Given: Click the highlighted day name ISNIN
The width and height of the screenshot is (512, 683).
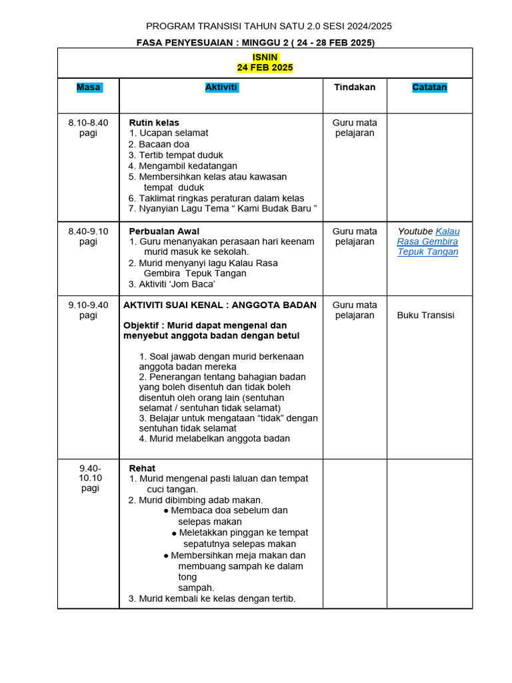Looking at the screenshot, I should (265, 57).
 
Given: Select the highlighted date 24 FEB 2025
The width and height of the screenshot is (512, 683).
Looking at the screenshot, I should (265, 67).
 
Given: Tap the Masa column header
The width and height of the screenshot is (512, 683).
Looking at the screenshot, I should (88, 87).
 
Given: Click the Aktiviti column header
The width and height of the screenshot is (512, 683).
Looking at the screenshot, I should (221, 87).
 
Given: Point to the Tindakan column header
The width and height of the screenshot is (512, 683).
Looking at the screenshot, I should (355, 87).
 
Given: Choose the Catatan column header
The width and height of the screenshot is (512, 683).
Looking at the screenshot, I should (429, 87).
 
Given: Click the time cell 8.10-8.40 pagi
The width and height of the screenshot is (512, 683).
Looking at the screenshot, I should (88, 128).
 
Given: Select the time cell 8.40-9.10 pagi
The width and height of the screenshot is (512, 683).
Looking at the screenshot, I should (88, 237).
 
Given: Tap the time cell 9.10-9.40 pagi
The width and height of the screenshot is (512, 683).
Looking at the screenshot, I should (88, 310).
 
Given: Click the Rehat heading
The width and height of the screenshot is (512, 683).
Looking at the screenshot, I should (142, 468).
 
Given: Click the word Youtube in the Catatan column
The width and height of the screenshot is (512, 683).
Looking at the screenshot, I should (415, 231).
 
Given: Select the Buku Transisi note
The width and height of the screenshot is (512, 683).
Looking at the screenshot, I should (425, 315).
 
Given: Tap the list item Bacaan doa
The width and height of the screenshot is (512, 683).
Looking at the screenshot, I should (164, 144).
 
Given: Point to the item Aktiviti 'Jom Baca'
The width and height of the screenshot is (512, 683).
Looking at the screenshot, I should (177, 284).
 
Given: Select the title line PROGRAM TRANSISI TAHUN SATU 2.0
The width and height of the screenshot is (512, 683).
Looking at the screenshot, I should (269, 27).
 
